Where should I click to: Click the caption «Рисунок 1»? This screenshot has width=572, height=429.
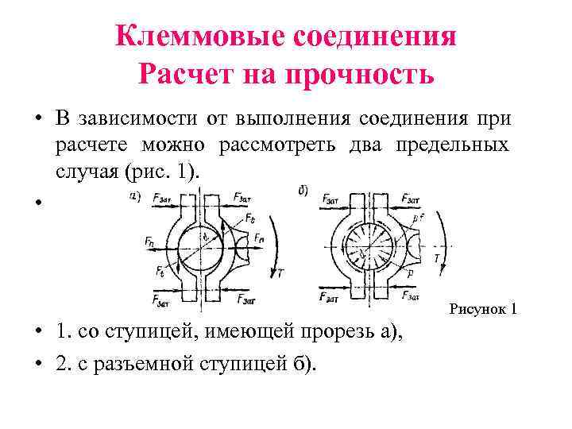tap(483, 307)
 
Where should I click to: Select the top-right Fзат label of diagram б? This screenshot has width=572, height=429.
tap(412, 199)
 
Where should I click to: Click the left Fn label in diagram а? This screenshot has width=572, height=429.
tap(151, 239)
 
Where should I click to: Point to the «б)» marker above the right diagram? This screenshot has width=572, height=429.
tap(303, 191)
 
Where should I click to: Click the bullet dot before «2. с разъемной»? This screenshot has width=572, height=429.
tap(37, 365)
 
